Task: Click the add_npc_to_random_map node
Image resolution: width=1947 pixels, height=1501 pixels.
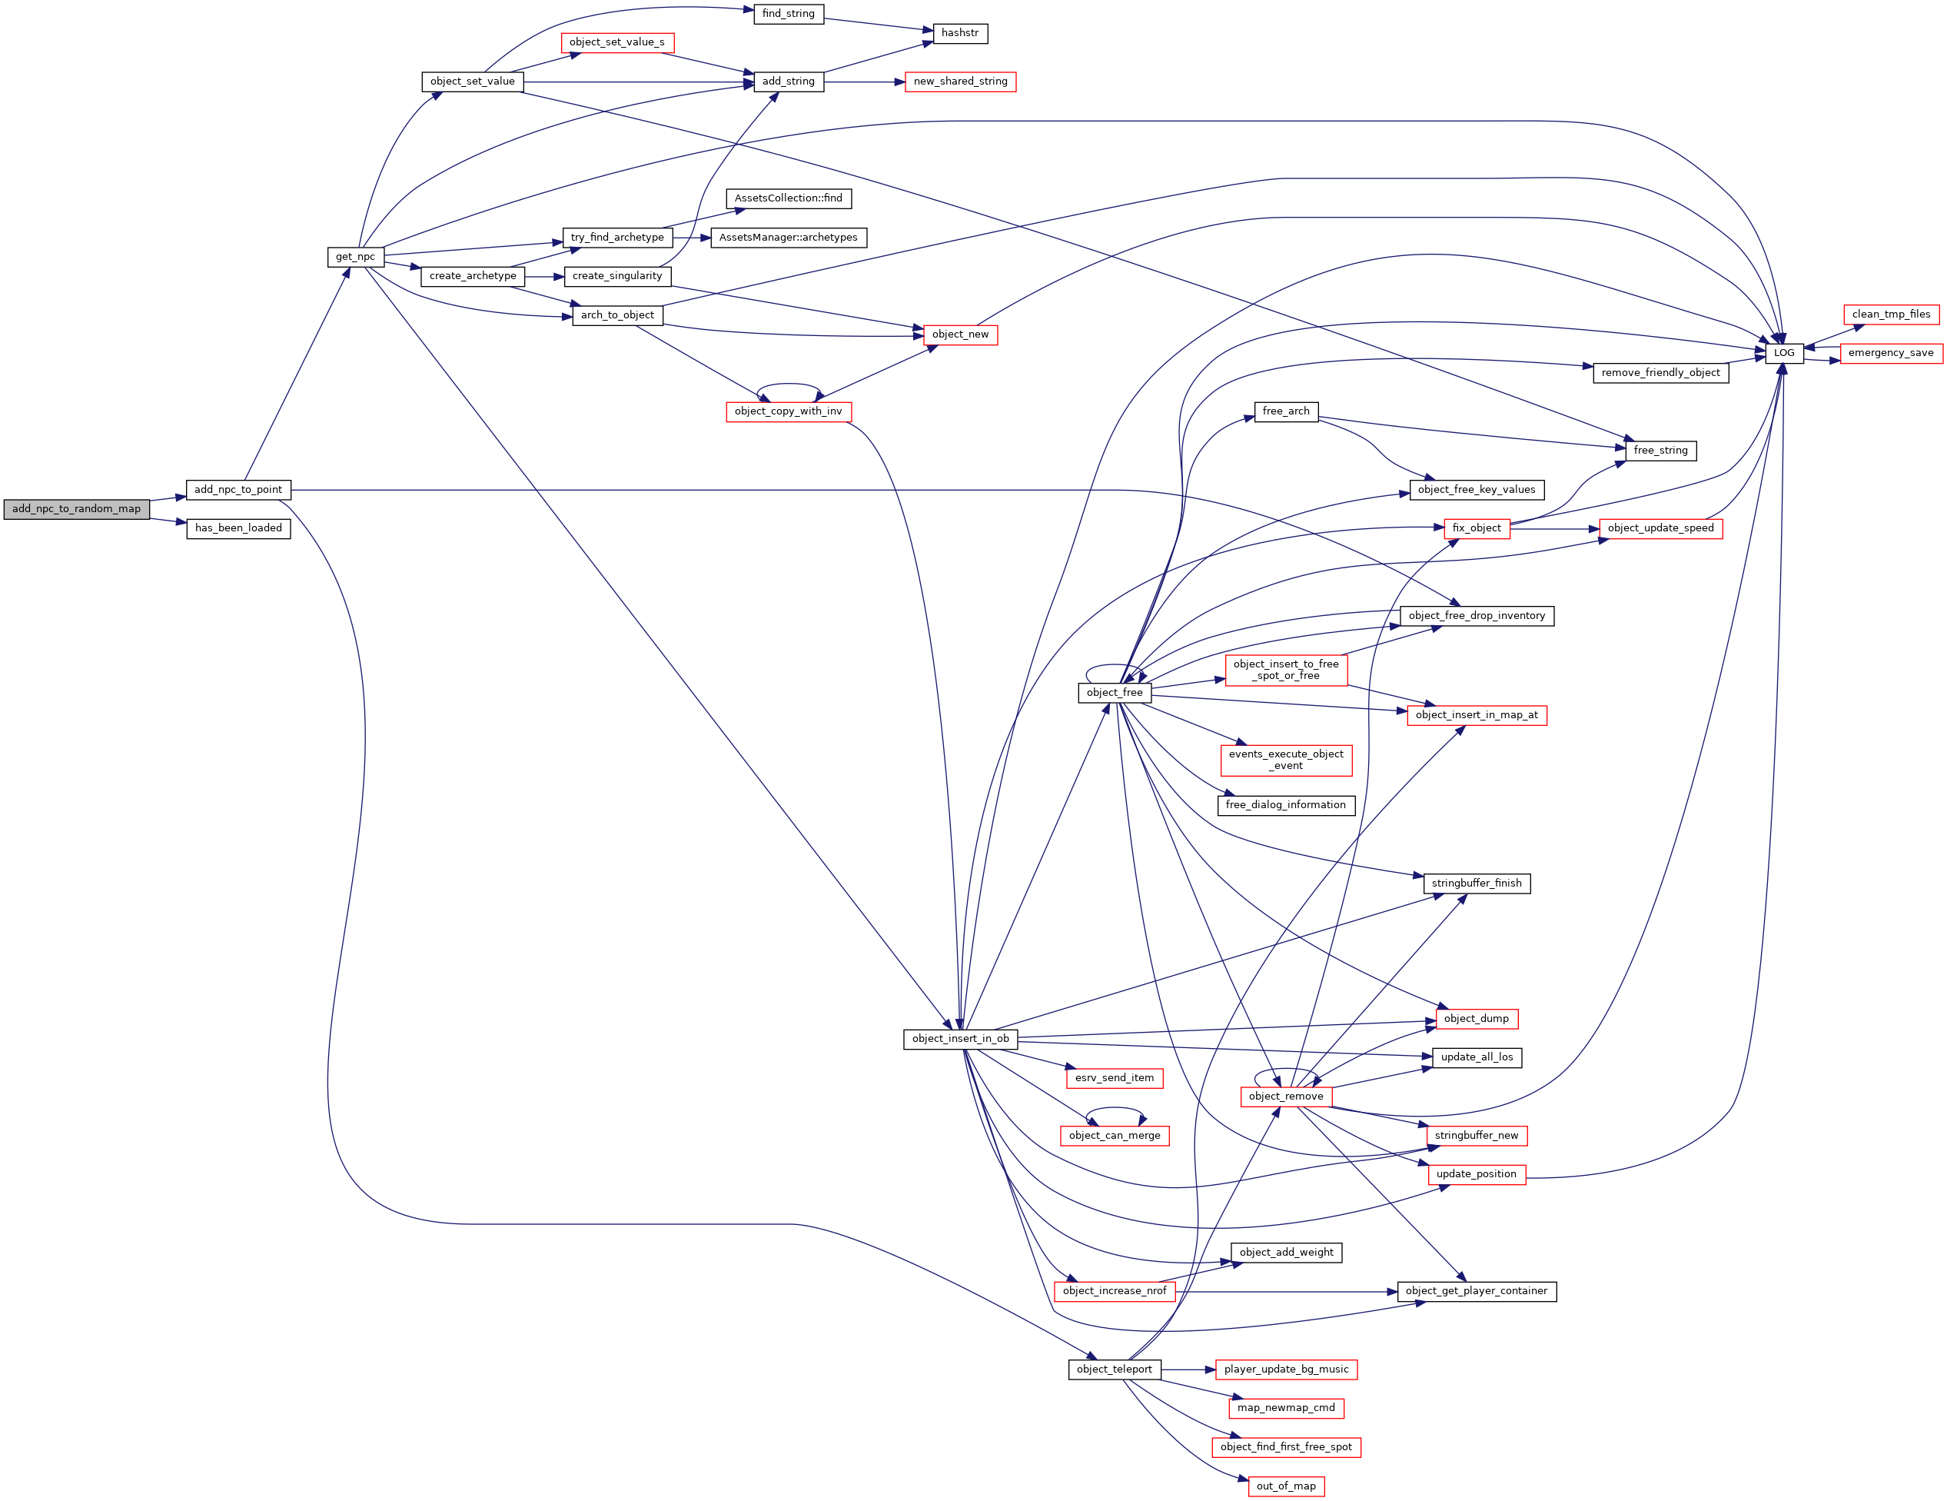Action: [x=77, y=509]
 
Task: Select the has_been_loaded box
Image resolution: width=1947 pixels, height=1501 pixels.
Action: [x=238, y=529]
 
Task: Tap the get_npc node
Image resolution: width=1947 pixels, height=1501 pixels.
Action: [x=355, y=257]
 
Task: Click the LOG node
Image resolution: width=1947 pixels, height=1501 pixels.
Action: [x=1784, y=353]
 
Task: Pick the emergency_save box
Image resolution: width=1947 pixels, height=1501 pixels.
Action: [x=1890, y=353]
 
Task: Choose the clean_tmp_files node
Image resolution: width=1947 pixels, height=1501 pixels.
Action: [x=1890, y=314]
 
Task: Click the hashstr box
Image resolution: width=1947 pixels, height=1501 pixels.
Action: [x=959, y=33]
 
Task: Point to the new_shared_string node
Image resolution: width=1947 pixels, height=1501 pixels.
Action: [x=960, y=82]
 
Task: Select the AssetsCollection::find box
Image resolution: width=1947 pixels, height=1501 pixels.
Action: [x=788, y=198]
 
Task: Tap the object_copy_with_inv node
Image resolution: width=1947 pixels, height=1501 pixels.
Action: [x=788, y=411]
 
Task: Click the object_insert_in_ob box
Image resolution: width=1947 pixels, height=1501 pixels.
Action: [x=960, y=1039]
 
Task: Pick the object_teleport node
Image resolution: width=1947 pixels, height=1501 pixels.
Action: [x=1115, y=1369]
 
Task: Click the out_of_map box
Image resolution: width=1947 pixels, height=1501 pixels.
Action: [x=1285, y=1486]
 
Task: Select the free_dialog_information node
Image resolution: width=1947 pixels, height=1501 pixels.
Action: [x=1285, y=805]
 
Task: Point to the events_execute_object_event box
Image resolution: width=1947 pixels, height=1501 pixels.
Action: [x=1285, y=760]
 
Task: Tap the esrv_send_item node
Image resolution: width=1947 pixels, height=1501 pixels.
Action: [x=1115, y=1078]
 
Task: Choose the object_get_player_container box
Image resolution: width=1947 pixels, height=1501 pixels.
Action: [x=1477, y=1291]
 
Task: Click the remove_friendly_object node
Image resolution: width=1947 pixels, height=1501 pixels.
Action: [x=1660, y=373]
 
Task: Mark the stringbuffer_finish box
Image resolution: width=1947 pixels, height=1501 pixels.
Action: [x=1477, y=884]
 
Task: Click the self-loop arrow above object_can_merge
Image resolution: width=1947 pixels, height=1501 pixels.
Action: [x=1115, y=1109]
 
